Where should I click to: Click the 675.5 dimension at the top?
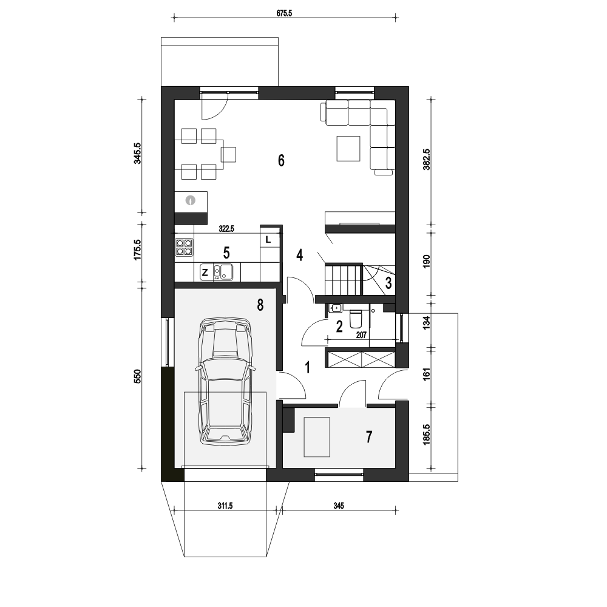click(x=284, y=13)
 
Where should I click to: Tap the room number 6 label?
click(x=281, y=160)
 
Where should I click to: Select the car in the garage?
click(x=224, y=382)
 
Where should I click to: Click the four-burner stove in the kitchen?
click(x=184, y=247)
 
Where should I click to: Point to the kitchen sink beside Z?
click(x=223, y=272)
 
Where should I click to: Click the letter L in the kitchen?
click(x=268, y=240)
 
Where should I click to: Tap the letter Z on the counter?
click(x=205, y=273)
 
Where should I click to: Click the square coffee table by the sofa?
click(x=348, y=148)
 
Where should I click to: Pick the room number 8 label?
click(x=260, y=305)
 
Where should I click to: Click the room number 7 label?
click(x=368, y=437)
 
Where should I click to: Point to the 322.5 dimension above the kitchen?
click(x=226, y=229)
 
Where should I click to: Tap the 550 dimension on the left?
click(x=138, y=376)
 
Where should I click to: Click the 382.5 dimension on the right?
click(x=427, y=160)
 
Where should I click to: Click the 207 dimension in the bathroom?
click(x=361, y=335)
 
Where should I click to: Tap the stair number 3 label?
click(x=388, y=283)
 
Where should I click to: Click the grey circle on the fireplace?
click(x=190, y=200)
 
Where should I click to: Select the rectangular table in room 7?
click(x=317, y=437)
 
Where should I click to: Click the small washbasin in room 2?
click(x=335, y=308)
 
